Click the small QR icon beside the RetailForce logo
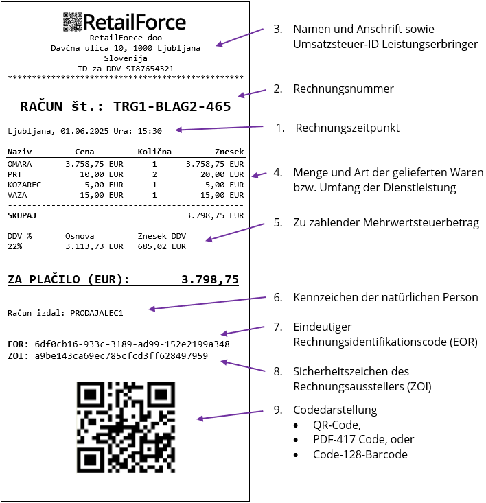point(73,22)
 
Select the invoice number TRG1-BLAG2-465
point(172,106)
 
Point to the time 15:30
point(150,131)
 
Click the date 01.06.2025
point(84,131)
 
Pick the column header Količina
point(154,152)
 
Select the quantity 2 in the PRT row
point(154,174)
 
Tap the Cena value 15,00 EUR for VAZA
point(102,195)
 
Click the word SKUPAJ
point(22,215)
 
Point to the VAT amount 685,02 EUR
point(162,246)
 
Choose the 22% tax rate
point(14,246)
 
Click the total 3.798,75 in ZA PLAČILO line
point(210,279)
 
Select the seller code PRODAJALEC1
point(97,313)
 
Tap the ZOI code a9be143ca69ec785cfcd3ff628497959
point(121,356)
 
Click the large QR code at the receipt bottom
point(126,428)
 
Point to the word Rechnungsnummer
point(343,89)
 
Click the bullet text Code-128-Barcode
point(360,454)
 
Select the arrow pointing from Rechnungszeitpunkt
point(219,128)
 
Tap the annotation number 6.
point(278,297)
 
